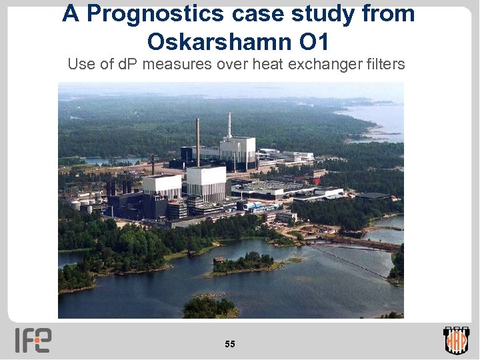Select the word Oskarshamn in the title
215,42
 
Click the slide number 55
230,344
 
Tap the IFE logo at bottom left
33,340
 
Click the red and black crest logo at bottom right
456,340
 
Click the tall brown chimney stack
197,141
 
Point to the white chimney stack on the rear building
229,125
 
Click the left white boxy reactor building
162,184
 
